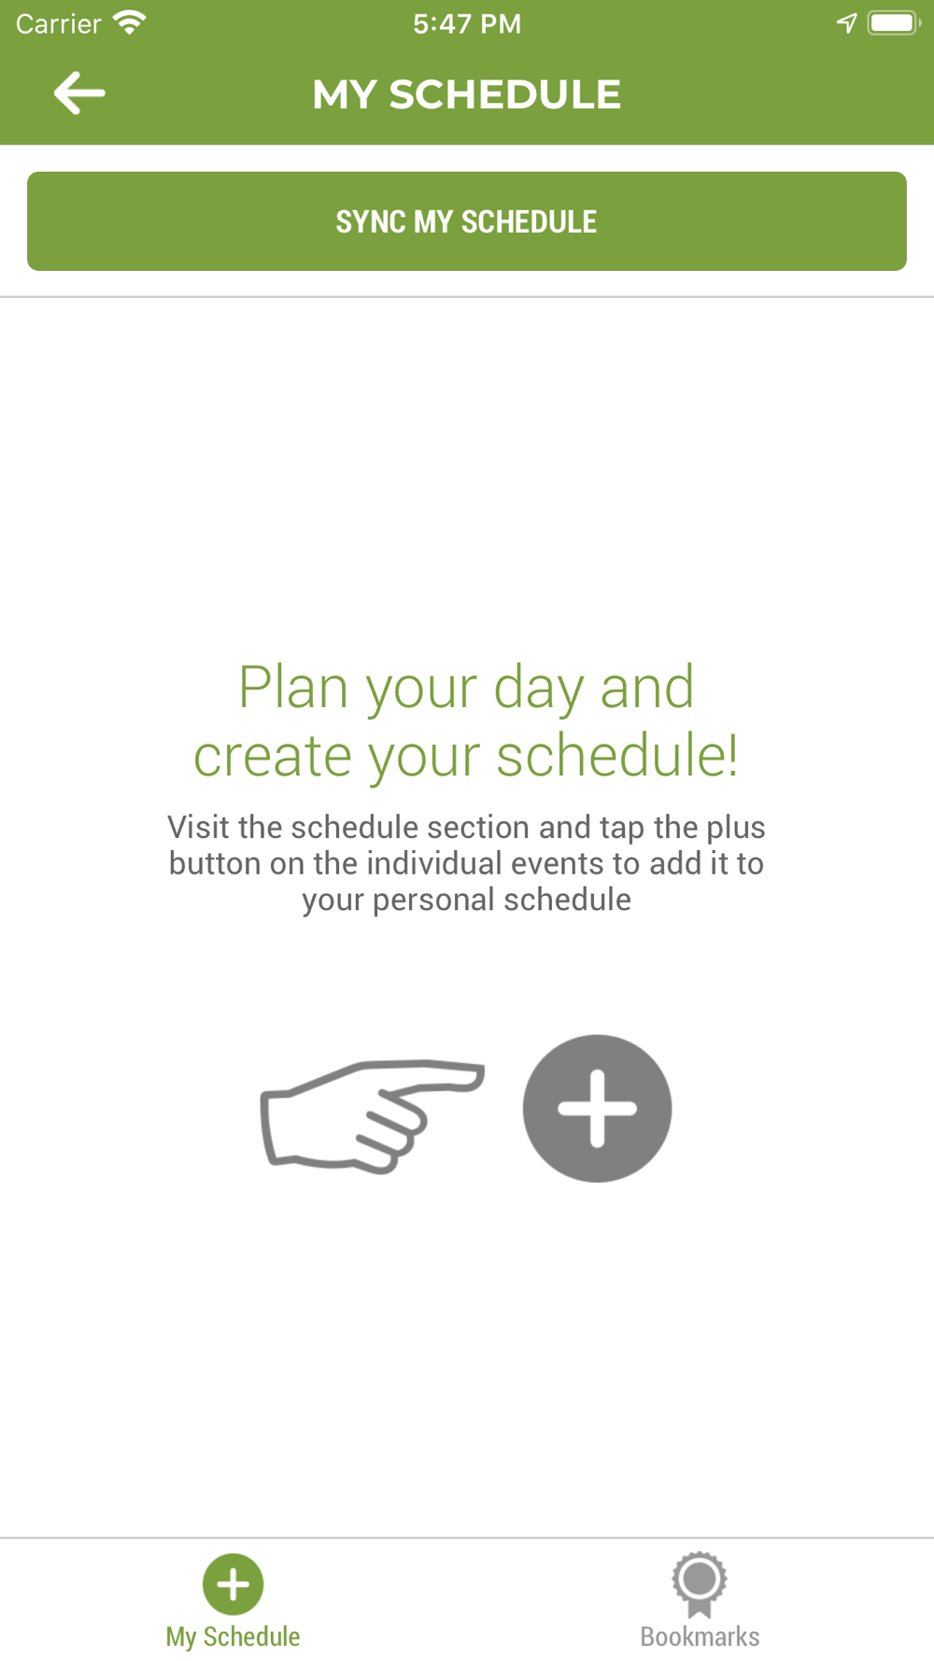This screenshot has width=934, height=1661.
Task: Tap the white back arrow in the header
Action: point(79,93)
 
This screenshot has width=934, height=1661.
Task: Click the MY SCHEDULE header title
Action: point(467,94)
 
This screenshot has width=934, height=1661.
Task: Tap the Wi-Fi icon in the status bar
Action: point(129,22)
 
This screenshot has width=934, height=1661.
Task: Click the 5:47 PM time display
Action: point(467,23)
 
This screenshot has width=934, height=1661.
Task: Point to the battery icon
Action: point(894,22)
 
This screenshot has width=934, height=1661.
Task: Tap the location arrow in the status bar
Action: point(846,23)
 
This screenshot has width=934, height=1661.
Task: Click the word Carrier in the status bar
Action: point(58,23)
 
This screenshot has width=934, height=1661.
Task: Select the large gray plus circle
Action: point(597,1108)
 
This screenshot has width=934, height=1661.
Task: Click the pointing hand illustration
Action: point(372,1116)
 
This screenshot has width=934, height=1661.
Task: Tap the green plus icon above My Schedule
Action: point(233,1584)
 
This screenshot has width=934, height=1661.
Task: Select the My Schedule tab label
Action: point(233,1637)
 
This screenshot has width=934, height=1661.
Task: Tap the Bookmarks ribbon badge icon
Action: point(700,1584)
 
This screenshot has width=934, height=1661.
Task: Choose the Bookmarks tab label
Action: point(700,1637)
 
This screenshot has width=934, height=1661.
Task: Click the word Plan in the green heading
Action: point(294,688)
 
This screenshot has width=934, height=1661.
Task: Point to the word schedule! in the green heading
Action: point(617,755)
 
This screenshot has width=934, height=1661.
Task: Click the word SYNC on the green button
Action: point(371,221)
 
